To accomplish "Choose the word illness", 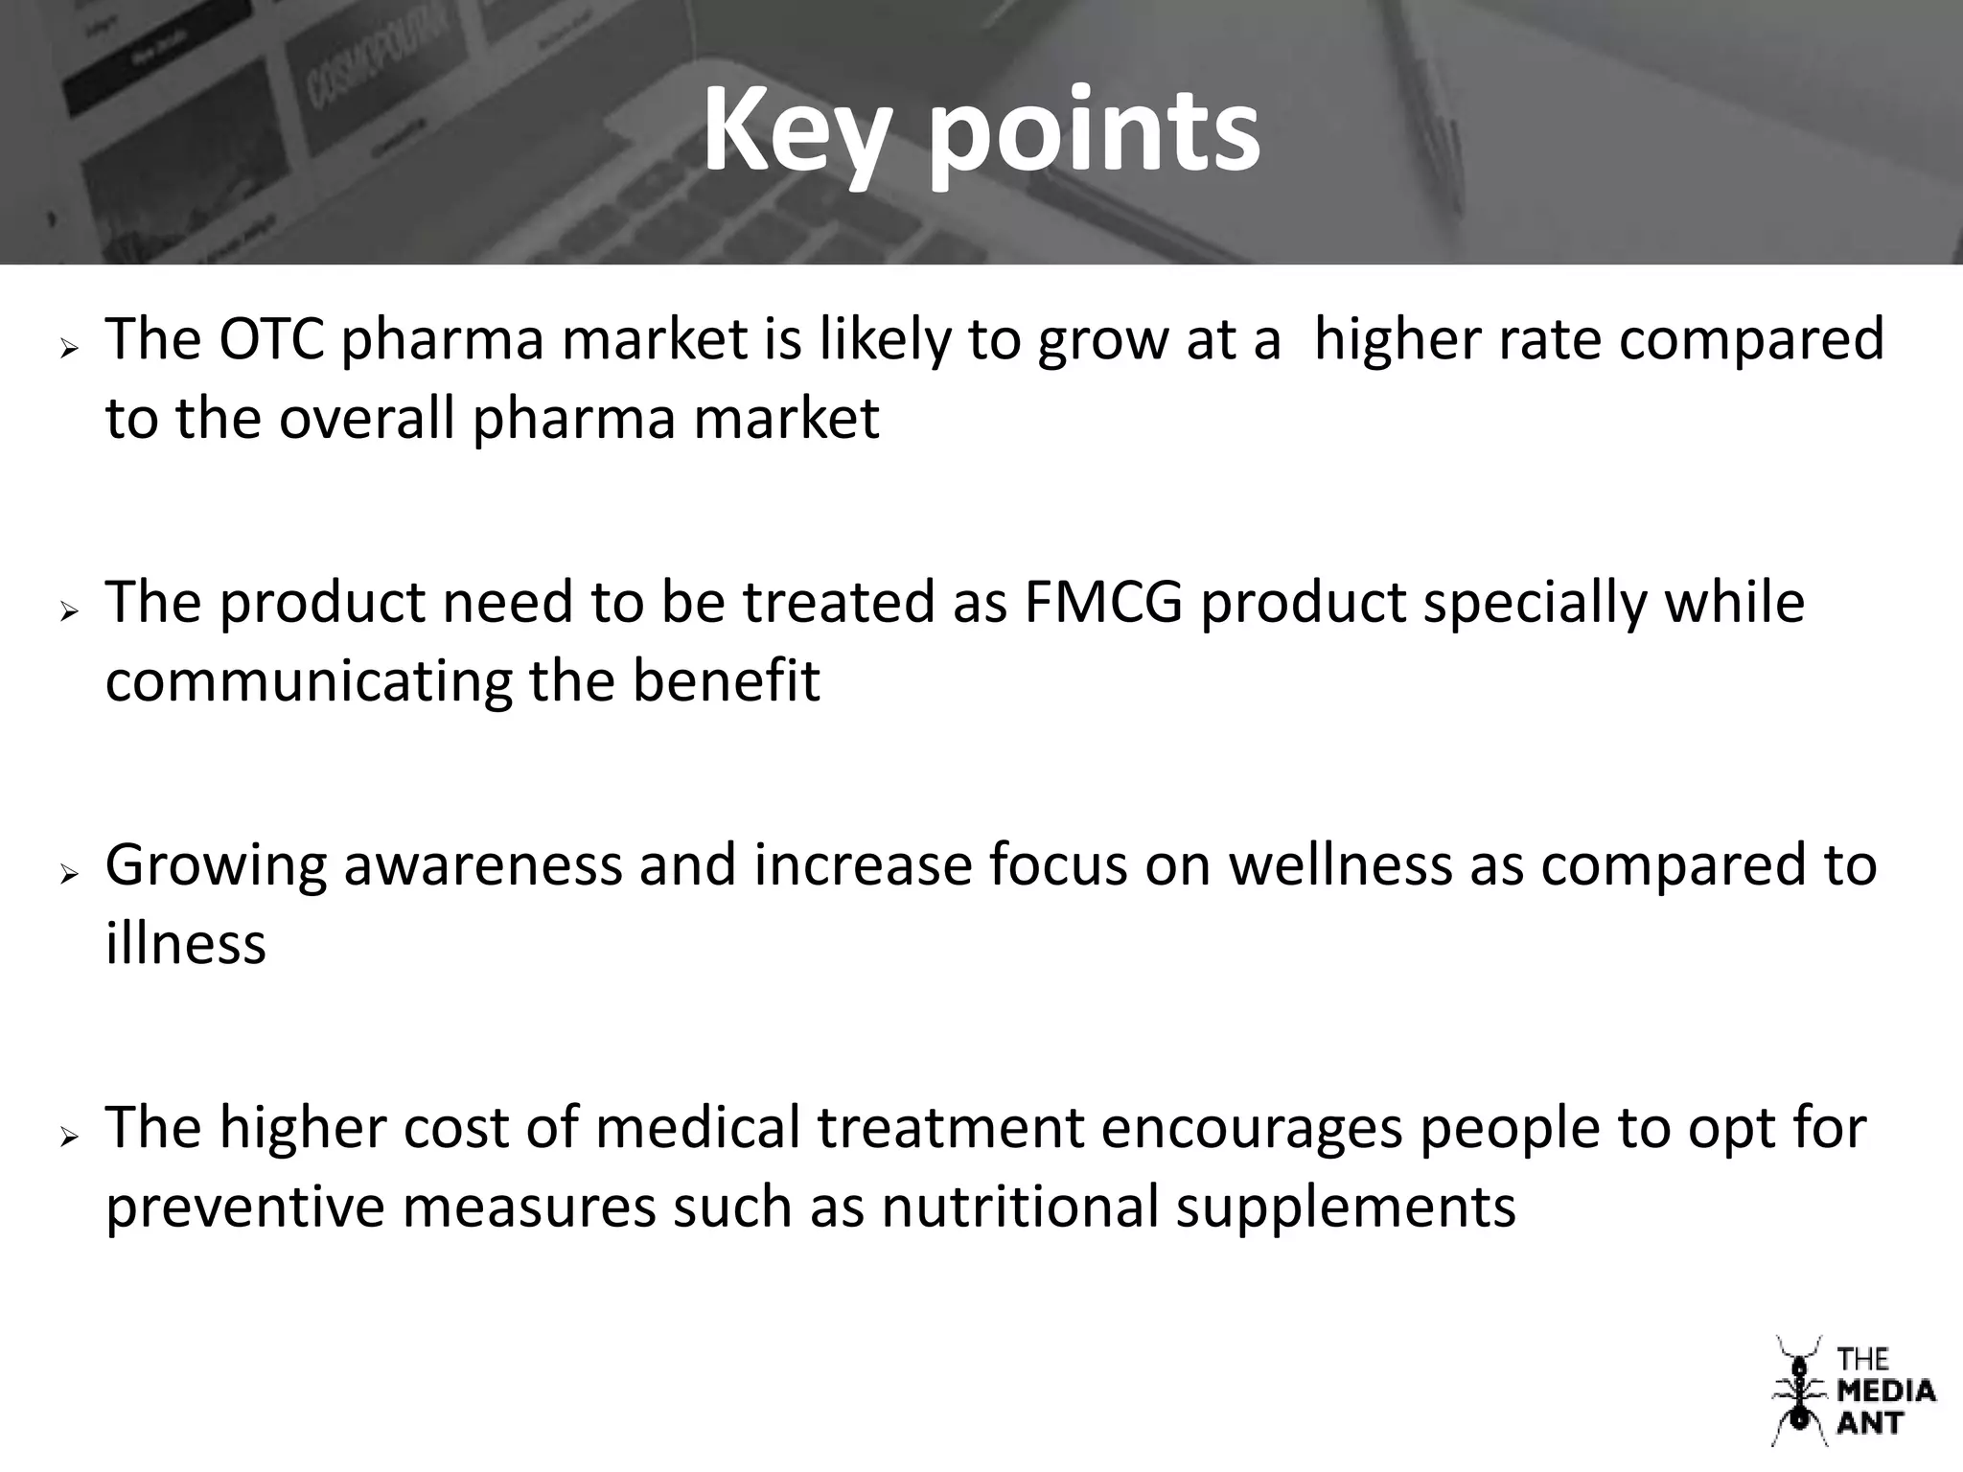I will [185, 943].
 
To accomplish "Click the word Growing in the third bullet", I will [216, 866].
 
